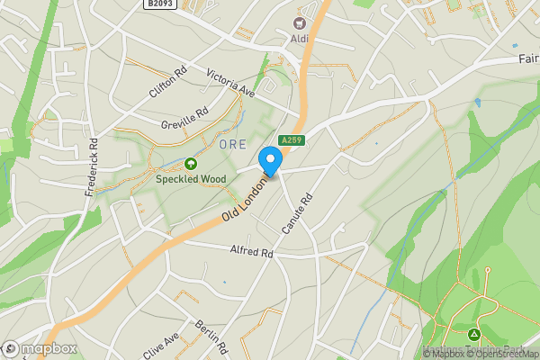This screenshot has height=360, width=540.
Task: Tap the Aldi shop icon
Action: coord(299,22)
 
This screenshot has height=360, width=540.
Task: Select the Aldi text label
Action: coord(299,39)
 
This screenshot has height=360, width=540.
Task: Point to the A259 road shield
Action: coord(291,140)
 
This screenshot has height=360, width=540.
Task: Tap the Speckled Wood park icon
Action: coord(191,164)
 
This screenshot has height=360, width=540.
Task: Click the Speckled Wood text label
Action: coord(191,179)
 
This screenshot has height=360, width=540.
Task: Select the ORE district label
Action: coord(232,144)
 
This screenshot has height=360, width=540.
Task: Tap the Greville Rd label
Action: coord(184,119)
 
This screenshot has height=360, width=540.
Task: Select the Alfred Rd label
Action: coord(251,252)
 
